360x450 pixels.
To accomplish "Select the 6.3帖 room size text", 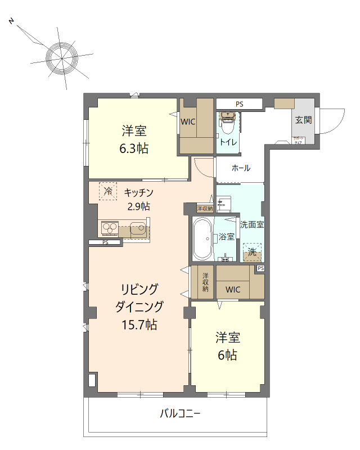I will click(x=133, y=149).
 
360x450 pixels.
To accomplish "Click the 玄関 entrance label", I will click(x=304, y=120).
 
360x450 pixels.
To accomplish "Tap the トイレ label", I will click(x=228, y=142).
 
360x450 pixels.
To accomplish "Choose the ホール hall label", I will click(x=241, y=168).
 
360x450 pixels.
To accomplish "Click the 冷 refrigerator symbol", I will click(x=108, y=191).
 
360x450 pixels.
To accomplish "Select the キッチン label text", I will click(x=139, y=192).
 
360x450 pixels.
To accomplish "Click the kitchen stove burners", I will click(x=109, y=229).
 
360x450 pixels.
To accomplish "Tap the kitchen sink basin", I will click(x=137, y=229).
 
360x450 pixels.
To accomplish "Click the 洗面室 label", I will click(x=252, y=224).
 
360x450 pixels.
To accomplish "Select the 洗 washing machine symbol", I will click(x=253, y=253).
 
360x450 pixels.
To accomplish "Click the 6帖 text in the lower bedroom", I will click(x=227, y=355).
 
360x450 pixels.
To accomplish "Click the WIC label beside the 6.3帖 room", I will click(x=188, y=120).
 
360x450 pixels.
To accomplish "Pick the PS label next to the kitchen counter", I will click(x=105, y=242).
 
